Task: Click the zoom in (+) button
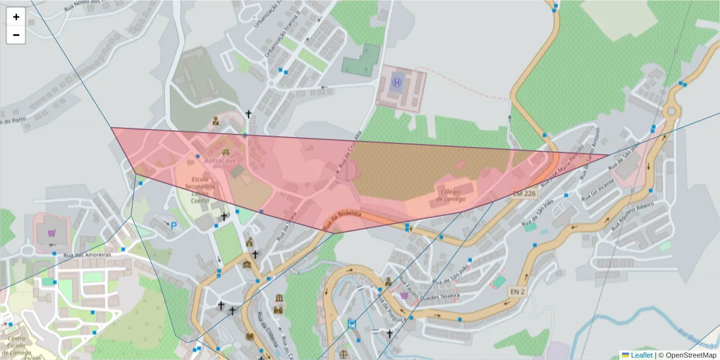[x=16, y=17]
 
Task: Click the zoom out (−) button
[x=16, y=35]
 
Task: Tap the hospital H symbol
[x=397, y=82]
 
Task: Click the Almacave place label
[x=220, y=161]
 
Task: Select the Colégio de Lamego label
[x=451, y=195]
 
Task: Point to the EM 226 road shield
[x=524, y=193]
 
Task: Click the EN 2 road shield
[x=517, y=292]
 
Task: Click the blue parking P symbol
[x=174, y=226]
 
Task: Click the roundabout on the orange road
[x=671, y=112]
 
